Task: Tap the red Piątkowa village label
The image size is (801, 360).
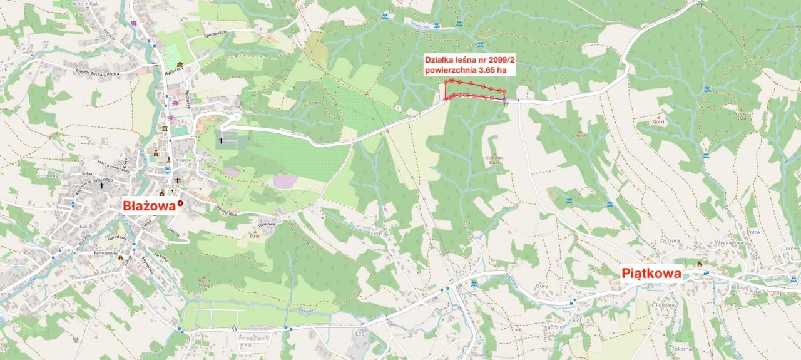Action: [651, 273]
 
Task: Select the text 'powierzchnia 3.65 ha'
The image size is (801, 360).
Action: [466, 70]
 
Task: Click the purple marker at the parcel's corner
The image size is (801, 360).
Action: [504, 100]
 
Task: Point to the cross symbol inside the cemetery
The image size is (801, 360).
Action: [221, 141]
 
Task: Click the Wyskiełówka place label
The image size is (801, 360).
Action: [715, 242]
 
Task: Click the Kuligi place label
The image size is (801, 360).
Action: [86, 225]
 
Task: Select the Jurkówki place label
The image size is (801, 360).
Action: [790, 249]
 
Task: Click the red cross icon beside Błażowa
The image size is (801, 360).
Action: [181, 204]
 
